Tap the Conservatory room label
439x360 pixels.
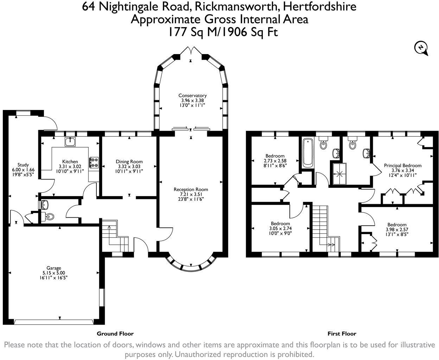[x=192, y=95]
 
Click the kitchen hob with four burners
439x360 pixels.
[x=94, y=162]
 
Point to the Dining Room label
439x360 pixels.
[x=129, y=162]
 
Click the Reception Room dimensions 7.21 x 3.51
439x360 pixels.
[x=191, y=194]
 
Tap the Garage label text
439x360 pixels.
[x=54, y=268]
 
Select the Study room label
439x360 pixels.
[x=23, y=165]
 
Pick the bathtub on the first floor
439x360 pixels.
[x=307, y=153]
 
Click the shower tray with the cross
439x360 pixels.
[x=339, y=173]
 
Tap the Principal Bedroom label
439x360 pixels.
[x=402, y=166]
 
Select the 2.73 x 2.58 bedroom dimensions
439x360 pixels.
[x=275, y=161]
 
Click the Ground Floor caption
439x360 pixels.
[x=115, y=334]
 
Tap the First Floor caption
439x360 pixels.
[x=342, y=334]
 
